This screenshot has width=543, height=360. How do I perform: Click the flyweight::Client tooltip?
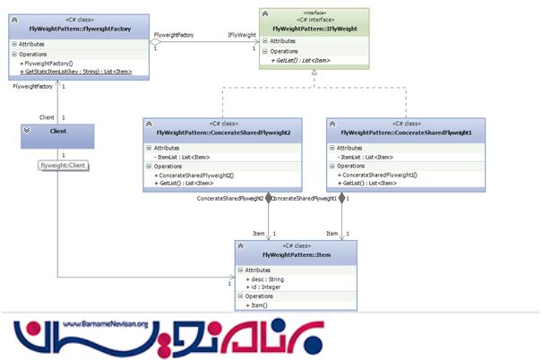(62, 166)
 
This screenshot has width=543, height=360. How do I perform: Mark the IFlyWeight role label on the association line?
(242, 35)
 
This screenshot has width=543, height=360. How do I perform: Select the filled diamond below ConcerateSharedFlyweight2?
(267, 198)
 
